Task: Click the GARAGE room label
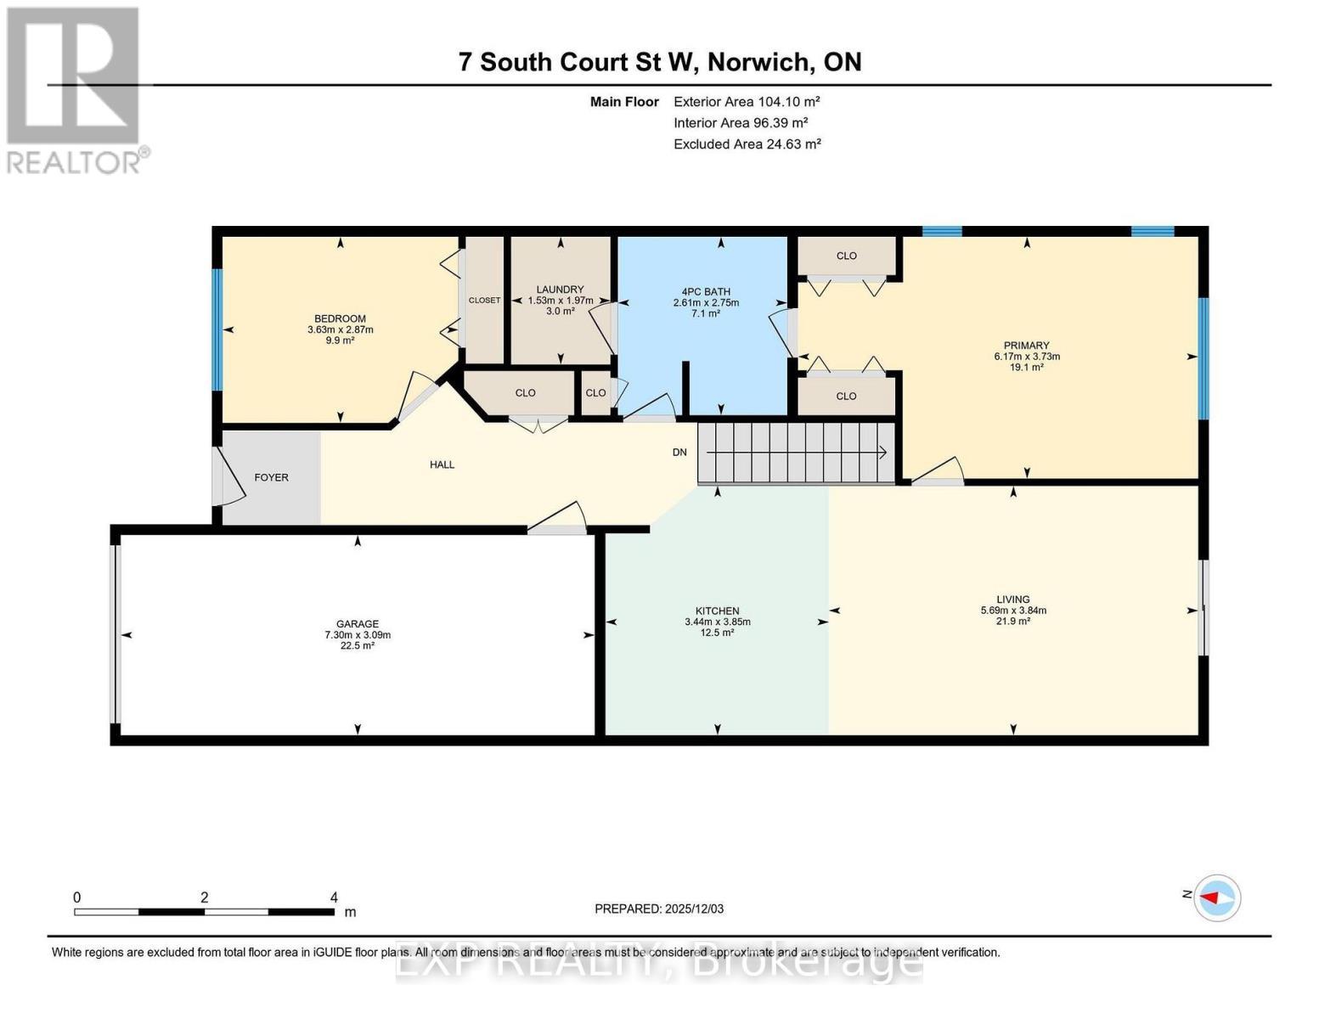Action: tap(357, 623)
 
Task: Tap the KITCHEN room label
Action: tap(717, 611)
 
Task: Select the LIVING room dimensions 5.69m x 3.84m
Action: tap(1012, 610)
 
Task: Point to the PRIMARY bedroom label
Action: tap(1026, 346)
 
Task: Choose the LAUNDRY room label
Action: tap(560, 290)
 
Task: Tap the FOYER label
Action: tap(271, 477)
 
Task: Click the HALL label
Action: tap(442, 464)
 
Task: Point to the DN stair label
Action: tap(679, 452)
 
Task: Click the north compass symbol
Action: tap(1217, 897)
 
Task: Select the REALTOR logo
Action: tap(75, 89)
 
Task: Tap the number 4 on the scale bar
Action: tap(334, 898)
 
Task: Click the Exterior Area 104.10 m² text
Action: tap(747, 101)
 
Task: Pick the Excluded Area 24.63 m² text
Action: tap(747, 144)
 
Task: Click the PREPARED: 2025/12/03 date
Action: tap(659, 909)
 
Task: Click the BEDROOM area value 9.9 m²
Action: tap(340, 341)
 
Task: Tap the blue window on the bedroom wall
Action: tap(217, 329)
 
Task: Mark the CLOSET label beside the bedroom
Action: tap(484, 300)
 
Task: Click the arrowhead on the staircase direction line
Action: tap(883, 452)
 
